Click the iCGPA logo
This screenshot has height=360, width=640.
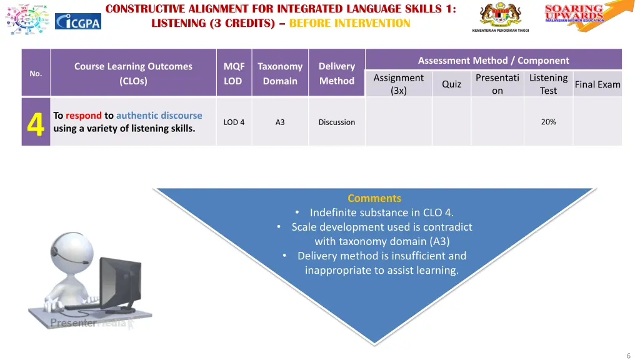coord(78,21)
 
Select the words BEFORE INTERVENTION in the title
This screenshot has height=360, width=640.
coord(349,23)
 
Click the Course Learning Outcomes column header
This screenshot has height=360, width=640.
coord(133,74)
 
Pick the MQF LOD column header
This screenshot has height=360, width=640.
coord(234,74)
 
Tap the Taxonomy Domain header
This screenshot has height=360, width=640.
coord(280,74)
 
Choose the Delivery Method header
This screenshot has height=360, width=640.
coord(336,74)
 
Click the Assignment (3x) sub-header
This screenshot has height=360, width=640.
coord(398,84)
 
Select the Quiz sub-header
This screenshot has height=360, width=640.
coord(451,84)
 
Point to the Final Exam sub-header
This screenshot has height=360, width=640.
coord(597,84)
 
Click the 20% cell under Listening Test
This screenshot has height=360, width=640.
coord(548,122)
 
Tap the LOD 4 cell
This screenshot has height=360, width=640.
coord(234,122)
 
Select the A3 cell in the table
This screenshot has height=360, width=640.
coord(280,122)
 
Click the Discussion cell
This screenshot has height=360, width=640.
coord(336,122)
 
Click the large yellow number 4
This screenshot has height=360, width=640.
coord(36,123)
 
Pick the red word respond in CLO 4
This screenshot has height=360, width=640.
coord(83,116)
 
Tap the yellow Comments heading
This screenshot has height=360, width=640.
coord(374,198)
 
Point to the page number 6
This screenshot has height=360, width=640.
coord(628,355)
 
